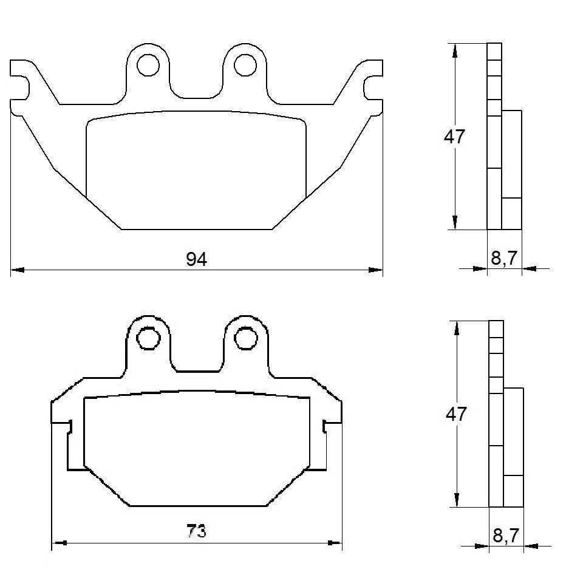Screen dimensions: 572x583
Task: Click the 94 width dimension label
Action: click(196, 259)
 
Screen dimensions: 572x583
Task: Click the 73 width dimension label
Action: click(196, 532)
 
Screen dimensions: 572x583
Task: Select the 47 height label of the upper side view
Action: click(454, 137)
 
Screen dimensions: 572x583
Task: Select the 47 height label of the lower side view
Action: click(456, 414)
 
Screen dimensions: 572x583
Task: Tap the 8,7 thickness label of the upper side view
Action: click(504, 259)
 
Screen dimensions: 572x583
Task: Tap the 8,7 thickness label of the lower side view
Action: click(505, 536)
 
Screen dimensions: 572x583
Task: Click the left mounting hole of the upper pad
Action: click(147, 64)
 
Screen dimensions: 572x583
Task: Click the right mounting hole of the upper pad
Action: click(245, 64)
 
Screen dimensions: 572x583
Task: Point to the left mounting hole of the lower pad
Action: click(147, 338)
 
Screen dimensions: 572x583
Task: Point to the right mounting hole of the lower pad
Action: click(245, 338)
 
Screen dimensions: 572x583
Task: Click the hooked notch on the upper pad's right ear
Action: click(371, 87)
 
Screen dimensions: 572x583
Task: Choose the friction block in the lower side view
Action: click(514, 446)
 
